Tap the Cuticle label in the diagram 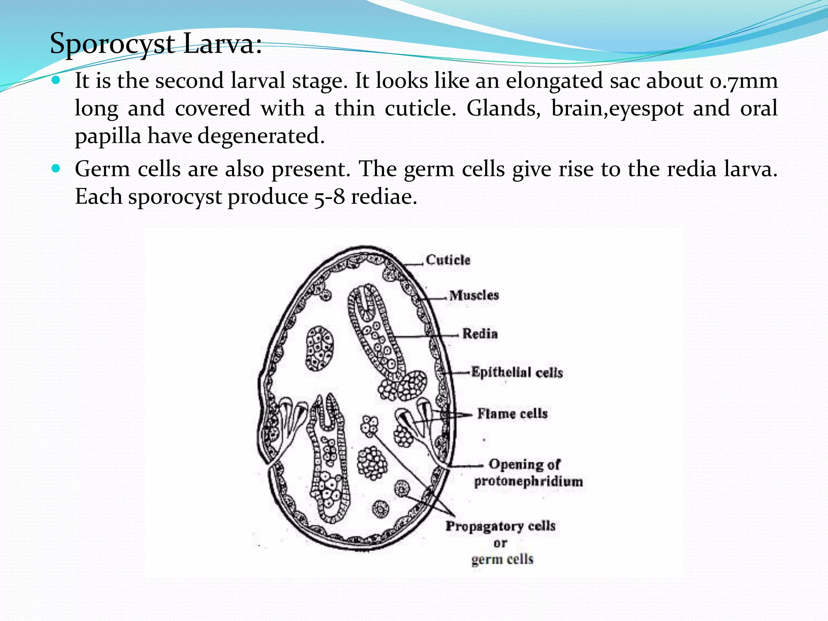[448, 260]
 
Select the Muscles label [474, 295]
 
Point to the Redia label [480, 334]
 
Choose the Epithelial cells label [517, 372]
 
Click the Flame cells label [512, 414]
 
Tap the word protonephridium [528, 482]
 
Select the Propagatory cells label [501, 526]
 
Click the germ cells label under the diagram [502, 560]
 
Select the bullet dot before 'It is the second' [56, 80]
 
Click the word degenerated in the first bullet [261, 136]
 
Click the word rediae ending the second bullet [384, 197]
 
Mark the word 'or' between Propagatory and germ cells [500, 543]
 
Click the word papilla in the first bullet [108, 137]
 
